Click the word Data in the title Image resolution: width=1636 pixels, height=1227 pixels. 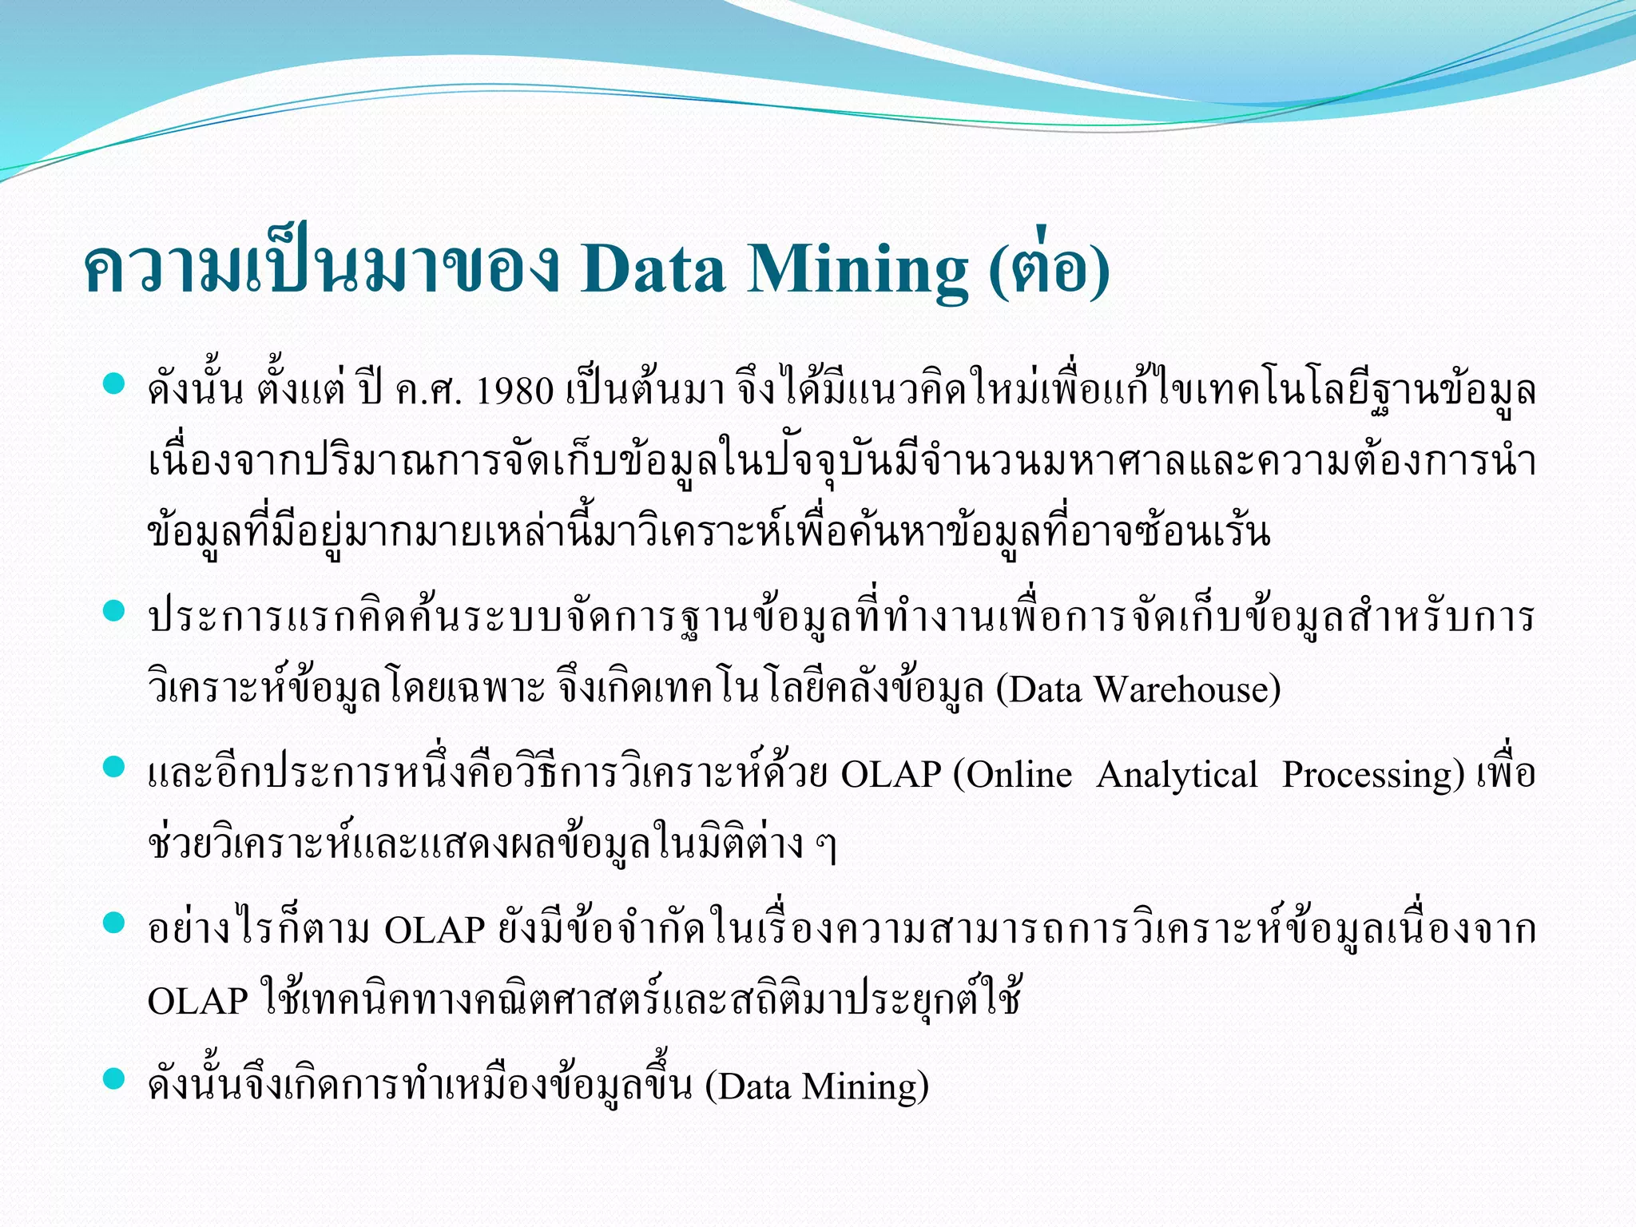click(x=653, y=270)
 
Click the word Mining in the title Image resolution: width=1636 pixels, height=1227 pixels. click(x=857, y=270)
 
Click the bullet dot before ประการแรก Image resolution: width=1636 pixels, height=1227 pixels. click(x=115, y=611)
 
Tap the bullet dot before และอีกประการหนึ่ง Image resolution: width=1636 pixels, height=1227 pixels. click(x=115, y=768)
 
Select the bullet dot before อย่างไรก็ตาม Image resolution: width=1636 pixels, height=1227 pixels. click(x=115, y=923)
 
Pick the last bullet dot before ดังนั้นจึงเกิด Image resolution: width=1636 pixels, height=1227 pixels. click(x=115, y=1079)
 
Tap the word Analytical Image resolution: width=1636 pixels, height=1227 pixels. click(x=1177, y=776)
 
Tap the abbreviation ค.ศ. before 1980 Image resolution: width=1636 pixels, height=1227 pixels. click(x=428, y=392)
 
